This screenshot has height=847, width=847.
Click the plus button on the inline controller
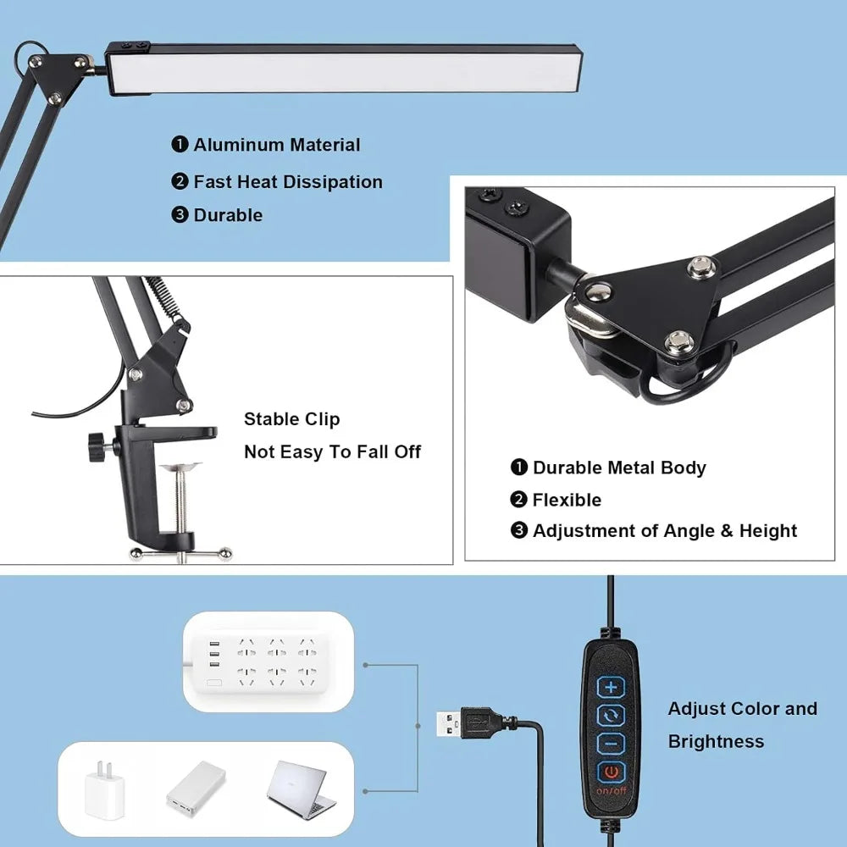[610, 686]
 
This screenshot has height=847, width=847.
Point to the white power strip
[268, 661]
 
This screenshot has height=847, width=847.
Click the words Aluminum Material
[276, 145]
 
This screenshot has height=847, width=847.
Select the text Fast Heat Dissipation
[288, 182]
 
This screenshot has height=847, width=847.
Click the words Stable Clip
[291, 419]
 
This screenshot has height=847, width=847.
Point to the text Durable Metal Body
[618, 468]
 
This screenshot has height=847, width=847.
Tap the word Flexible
[567, 500]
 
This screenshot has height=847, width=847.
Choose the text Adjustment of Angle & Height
[664, 531]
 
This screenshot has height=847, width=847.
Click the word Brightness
[716, 742]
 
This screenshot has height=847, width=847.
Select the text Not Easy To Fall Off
[332, 452]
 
